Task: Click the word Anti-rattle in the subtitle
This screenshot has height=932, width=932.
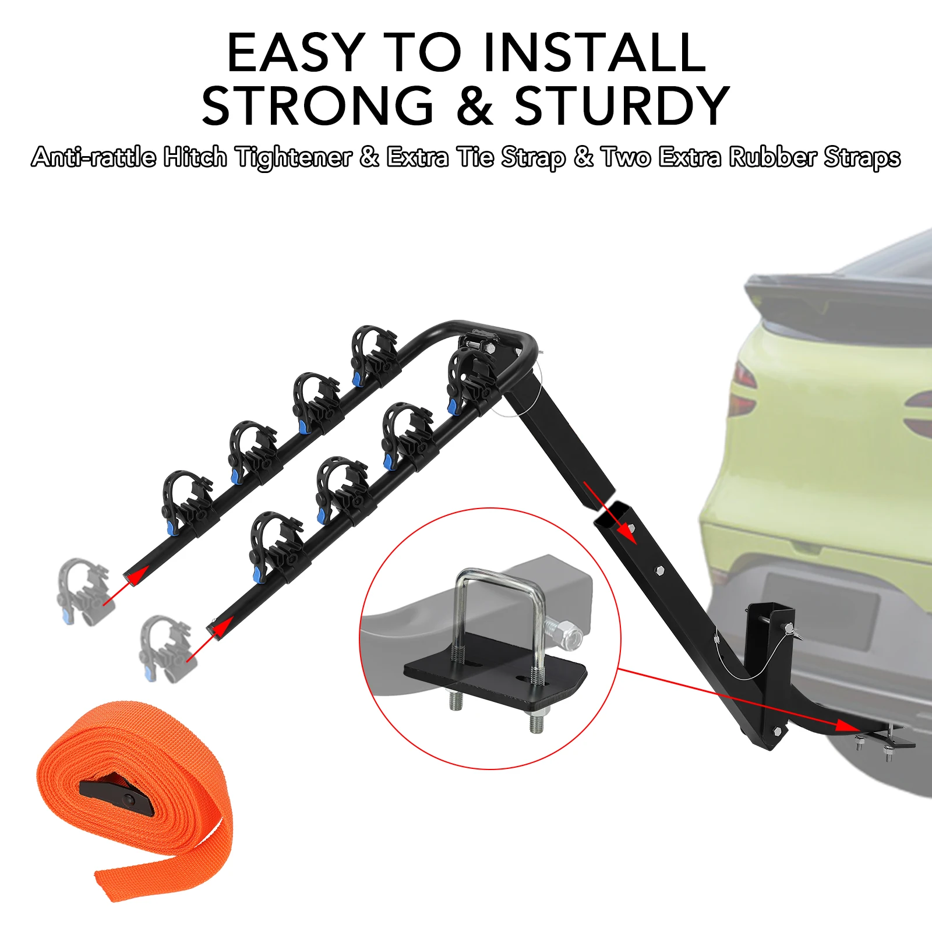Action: click(94, 157)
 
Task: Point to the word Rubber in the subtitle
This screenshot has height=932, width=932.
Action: click(773, 157)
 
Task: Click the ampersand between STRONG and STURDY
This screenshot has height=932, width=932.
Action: click(475, 105)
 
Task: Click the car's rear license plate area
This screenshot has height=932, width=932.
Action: click(821, 609)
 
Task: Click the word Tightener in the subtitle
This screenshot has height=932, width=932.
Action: click(294, 157)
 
